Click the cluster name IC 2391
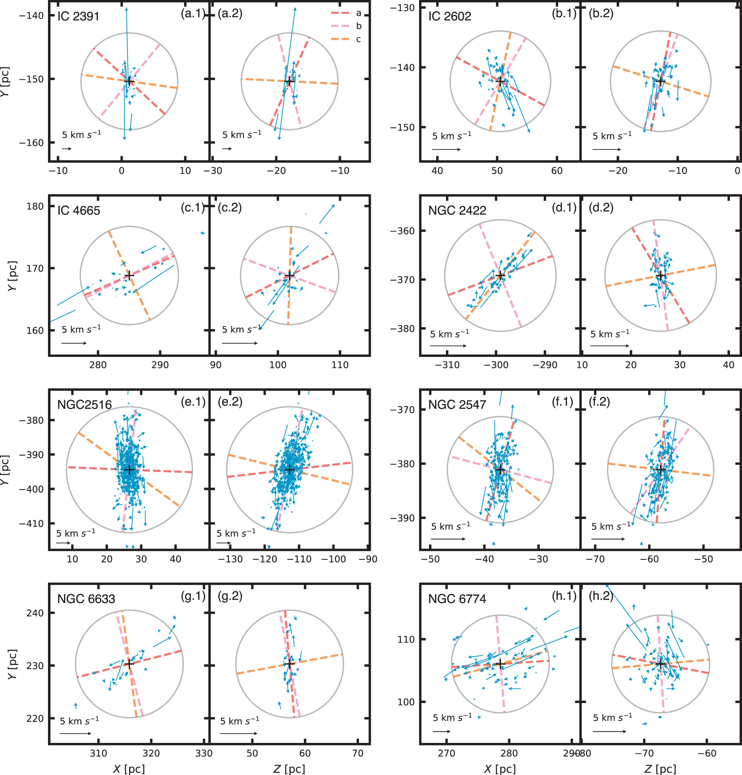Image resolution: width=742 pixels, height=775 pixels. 78,16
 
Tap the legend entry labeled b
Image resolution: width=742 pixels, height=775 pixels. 358,26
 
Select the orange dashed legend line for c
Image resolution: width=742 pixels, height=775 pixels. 340,39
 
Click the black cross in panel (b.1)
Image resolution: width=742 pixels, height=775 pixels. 500,82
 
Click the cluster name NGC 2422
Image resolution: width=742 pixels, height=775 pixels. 457,210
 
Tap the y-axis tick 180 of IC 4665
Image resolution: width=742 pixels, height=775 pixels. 35,206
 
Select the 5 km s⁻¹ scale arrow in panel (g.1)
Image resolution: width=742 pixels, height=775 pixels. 75,733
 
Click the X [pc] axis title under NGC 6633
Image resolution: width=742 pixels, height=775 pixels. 129,769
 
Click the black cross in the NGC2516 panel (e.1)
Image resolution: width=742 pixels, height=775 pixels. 129,470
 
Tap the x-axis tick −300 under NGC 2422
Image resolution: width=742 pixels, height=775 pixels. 496,365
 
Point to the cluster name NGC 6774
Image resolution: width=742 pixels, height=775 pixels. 457,599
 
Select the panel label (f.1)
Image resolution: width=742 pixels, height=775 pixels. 562,402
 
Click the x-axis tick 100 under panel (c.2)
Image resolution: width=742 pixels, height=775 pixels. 278,365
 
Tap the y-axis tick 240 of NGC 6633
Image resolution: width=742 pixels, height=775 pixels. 35,613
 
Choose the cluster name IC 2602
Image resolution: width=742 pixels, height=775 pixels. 450,16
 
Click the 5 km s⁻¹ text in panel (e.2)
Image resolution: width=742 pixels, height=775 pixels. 236,533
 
